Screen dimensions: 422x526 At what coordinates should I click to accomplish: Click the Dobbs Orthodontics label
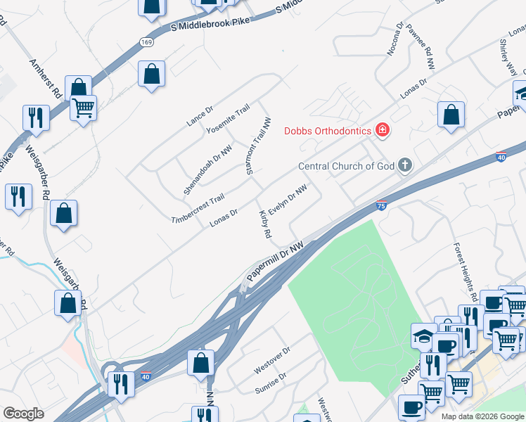(x=328, y=130)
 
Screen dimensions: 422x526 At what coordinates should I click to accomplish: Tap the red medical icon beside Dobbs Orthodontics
(x=382, y=129)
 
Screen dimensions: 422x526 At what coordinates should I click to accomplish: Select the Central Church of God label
(x=346, y=167)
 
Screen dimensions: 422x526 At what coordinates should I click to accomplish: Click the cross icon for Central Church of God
(x=404, y=166)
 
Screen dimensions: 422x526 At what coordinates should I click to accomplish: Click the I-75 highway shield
(x=380, y=205)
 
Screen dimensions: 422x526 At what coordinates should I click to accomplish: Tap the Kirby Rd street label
(x=265, y=224)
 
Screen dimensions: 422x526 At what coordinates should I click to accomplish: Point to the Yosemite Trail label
(x=228, y=120)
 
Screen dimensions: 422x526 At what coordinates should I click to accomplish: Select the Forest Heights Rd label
(x=466, y=271)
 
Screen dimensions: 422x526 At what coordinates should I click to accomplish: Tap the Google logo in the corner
(x=23, y=414)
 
